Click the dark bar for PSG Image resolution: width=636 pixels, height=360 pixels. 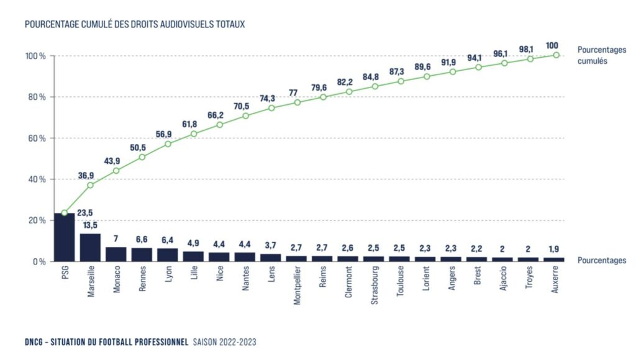[64, 237]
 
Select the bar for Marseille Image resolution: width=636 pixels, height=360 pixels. [90, 247]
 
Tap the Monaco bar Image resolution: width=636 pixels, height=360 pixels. [116, 254]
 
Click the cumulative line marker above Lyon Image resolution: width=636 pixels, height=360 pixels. [168, 144]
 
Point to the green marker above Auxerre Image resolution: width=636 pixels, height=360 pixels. [556, 55]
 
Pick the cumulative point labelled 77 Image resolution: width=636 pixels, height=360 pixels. [298, 102]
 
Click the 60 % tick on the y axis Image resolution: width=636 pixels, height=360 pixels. [35, 138]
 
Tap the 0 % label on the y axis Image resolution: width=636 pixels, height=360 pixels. [39, 261]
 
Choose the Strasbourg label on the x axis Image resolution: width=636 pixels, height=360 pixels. [375, 285]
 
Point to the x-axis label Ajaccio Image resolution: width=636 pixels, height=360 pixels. [504, 281]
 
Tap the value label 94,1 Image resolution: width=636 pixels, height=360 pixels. [478, 58]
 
